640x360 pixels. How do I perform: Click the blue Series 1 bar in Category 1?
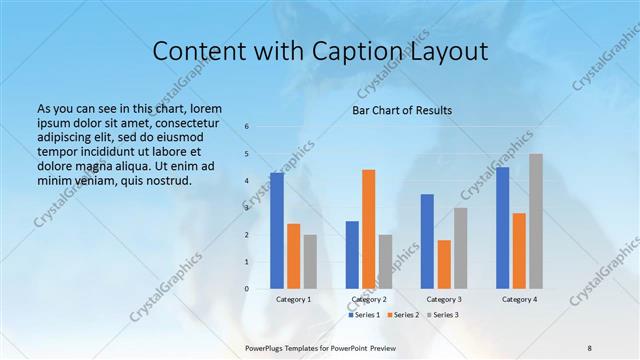click(x=277, y=231)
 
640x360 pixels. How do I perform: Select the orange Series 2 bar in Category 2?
click(x=369, y=229)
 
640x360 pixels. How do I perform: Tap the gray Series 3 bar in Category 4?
click(x=536, y=221)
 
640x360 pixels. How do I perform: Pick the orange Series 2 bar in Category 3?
click(x=444, y=264)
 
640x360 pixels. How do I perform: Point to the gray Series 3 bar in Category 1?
click(x=310, y=262)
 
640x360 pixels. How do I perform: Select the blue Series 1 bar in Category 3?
click(x=427, y=241)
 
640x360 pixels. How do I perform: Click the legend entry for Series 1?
click(x=366, y=315)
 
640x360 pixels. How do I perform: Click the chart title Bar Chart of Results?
click(x=402, y=110)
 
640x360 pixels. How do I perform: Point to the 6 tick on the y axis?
click(x=247, y=127)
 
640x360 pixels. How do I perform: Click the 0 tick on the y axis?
click(x=247, y=289)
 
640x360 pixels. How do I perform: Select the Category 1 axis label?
click(x=293, y=299)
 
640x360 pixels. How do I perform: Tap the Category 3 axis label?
click(x=444, y=299)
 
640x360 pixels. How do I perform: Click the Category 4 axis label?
click(x=519, y=299)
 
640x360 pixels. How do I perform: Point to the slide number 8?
click(x=590, y=347)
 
